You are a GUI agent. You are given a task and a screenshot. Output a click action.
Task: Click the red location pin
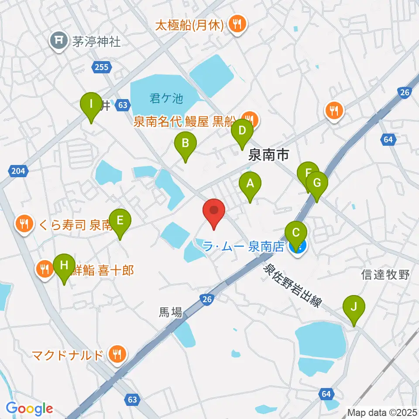[214, 212]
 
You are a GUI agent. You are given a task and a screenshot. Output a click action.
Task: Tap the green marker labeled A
[250, 184]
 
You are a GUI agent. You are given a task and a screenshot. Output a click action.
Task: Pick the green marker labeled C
[296, 234]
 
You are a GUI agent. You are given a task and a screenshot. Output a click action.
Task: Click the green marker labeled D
[242, 131]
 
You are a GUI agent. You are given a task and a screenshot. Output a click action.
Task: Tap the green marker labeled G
[317, 183]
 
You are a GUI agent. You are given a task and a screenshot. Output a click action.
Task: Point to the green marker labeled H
[64, 266]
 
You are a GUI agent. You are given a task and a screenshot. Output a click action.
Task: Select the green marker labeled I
[91, 105]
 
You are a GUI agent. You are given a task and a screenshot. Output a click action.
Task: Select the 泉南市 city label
[268, 155]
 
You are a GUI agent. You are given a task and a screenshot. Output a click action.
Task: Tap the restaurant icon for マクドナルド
[117, 354]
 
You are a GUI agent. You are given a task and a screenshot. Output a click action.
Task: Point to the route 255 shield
[103, 67]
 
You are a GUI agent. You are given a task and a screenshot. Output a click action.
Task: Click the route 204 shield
[18, 171]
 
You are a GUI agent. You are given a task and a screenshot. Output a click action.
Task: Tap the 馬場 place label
[170, 312]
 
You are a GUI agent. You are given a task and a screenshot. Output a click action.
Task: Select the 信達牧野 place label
[385, 275]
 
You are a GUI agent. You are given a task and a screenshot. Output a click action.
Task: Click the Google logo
[29, 409]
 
